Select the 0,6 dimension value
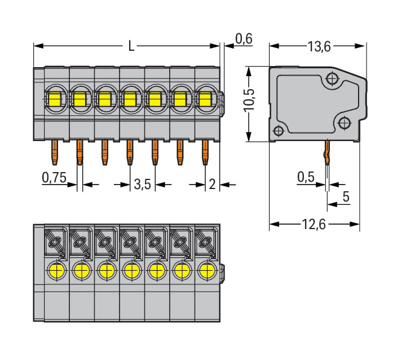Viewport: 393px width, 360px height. [x=244, y=39]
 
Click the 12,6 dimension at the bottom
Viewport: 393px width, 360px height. [x=314, y=225]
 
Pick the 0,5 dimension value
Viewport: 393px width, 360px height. [x=305, y=178]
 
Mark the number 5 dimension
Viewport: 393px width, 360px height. [x=346, y=197]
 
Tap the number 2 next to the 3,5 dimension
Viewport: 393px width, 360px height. [x=212, y=185]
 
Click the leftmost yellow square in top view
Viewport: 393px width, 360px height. [x=55, y=100]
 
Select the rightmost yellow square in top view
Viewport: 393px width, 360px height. [x=205, y=100]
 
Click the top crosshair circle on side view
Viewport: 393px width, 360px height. [x=333, y=78]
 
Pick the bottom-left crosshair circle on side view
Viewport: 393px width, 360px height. [x=278, y=132]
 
